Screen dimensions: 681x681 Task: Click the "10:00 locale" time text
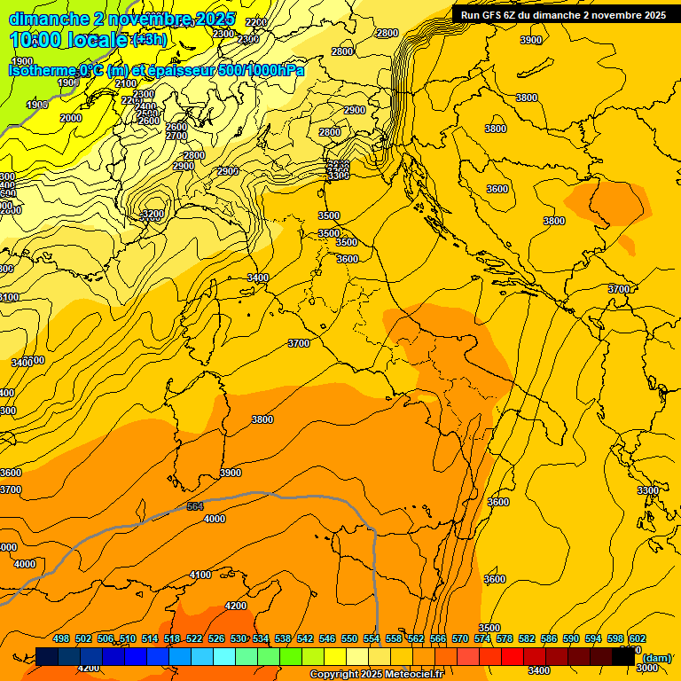pos(69,39)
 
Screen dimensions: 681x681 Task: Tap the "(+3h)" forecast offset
pos(150,40)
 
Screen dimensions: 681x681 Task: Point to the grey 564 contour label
pos(195,506)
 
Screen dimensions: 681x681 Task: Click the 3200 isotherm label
pos(153,215)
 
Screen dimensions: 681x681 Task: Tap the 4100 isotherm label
pos(200,575)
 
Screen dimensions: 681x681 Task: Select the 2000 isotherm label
pos(71,118)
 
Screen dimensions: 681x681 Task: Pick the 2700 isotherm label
pos(176,136)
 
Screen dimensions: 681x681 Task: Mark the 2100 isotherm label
pos(126,83)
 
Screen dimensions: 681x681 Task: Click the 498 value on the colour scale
pos(61,638)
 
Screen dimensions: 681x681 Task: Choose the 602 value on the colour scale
pos(638,638)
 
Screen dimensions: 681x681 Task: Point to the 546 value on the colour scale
pos(327,638)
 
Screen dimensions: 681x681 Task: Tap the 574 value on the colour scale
pos(482,638)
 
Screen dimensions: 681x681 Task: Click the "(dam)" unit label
pos(657,658)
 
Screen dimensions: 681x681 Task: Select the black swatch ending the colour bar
pos(623,657)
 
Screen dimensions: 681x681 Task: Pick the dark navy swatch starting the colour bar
pos(47,657)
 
